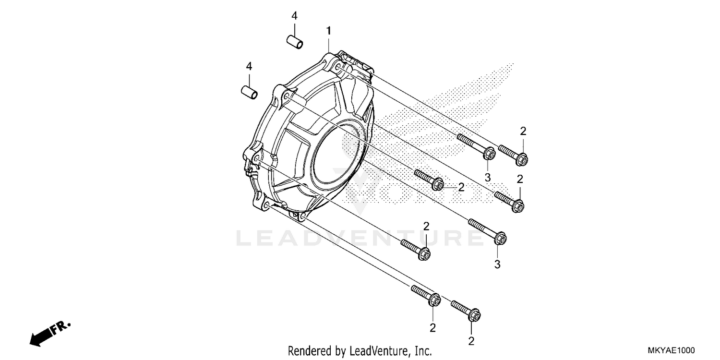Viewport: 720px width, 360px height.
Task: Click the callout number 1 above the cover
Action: pyautogui.click(x=329, y=31)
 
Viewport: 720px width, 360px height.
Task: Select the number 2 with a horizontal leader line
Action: pyautogui.click(x=461, y=187)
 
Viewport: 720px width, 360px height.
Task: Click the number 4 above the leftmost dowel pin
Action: pyautogui.click(x=249, y=66)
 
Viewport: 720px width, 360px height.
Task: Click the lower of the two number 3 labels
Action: pyautogui.click(x=497, y=264)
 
